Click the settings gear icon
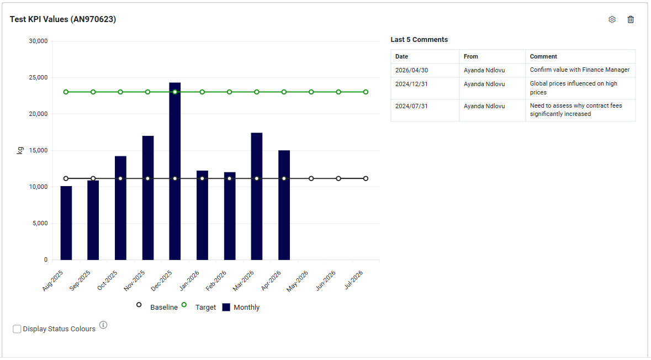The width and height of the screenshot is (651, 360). click(612, 19)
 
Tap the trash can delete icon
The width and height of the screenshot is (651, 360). click(631, 19)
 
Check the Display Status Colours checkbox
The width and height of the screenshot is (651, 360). click(17, 329)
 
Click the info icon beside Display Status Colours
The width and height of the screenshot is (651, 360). click(103, 325)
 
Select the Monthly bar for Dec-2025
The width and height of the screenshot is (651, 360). click(175, 171)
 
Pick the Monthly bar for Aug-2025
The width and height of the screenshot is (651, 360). click(66, 223)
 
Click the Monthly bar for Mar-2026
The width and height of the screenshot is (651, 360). click(257, 197)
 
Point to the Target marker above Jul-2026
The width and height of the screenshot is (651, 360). click(366, 92)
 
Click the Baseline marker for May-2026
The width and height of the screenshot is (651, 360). click(311, 178)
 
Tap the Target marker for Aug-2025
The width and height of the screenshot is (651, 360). click(66, 92)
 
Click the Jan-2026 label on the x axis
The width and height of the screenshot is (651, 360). click(190, 280)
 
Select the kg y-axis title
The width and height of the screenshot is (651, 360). click(19, 150)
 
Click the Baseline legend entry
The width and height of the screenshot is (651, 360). click(157, 307)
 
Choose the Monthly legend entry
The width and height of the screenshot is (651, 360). click(241, 307)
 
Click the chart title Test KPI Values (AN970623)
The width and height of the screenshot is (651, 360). click(63, 19)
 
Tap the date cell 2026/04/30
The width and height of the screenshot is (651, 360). click(411, 70)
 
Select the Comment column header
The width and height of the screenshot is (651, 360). click(543, 56)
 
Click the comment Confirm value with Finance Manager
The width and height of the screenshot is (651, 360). click(580, 70)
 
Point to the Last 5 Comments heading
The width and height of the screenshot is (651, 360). click(419, 39)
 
